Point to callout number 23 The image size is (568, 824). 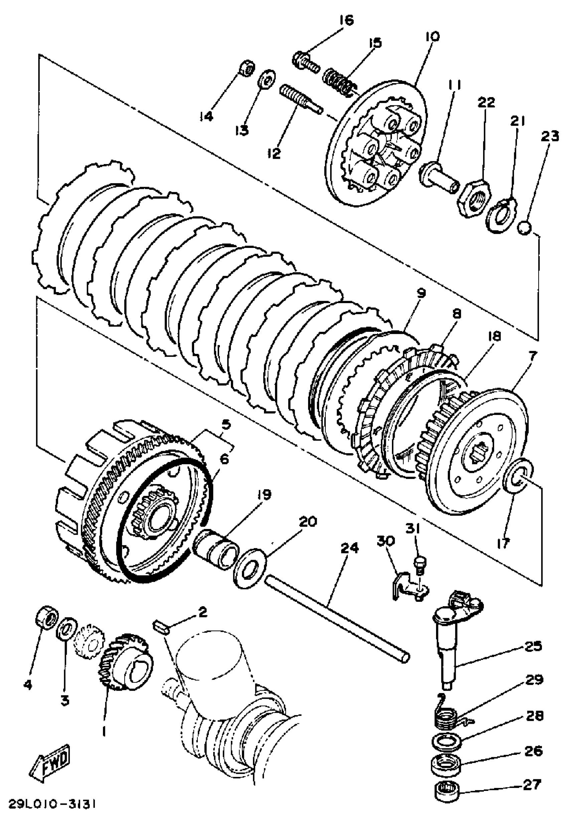coord(550,136)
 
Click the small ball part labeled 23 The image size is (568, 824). coord(524,228)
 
